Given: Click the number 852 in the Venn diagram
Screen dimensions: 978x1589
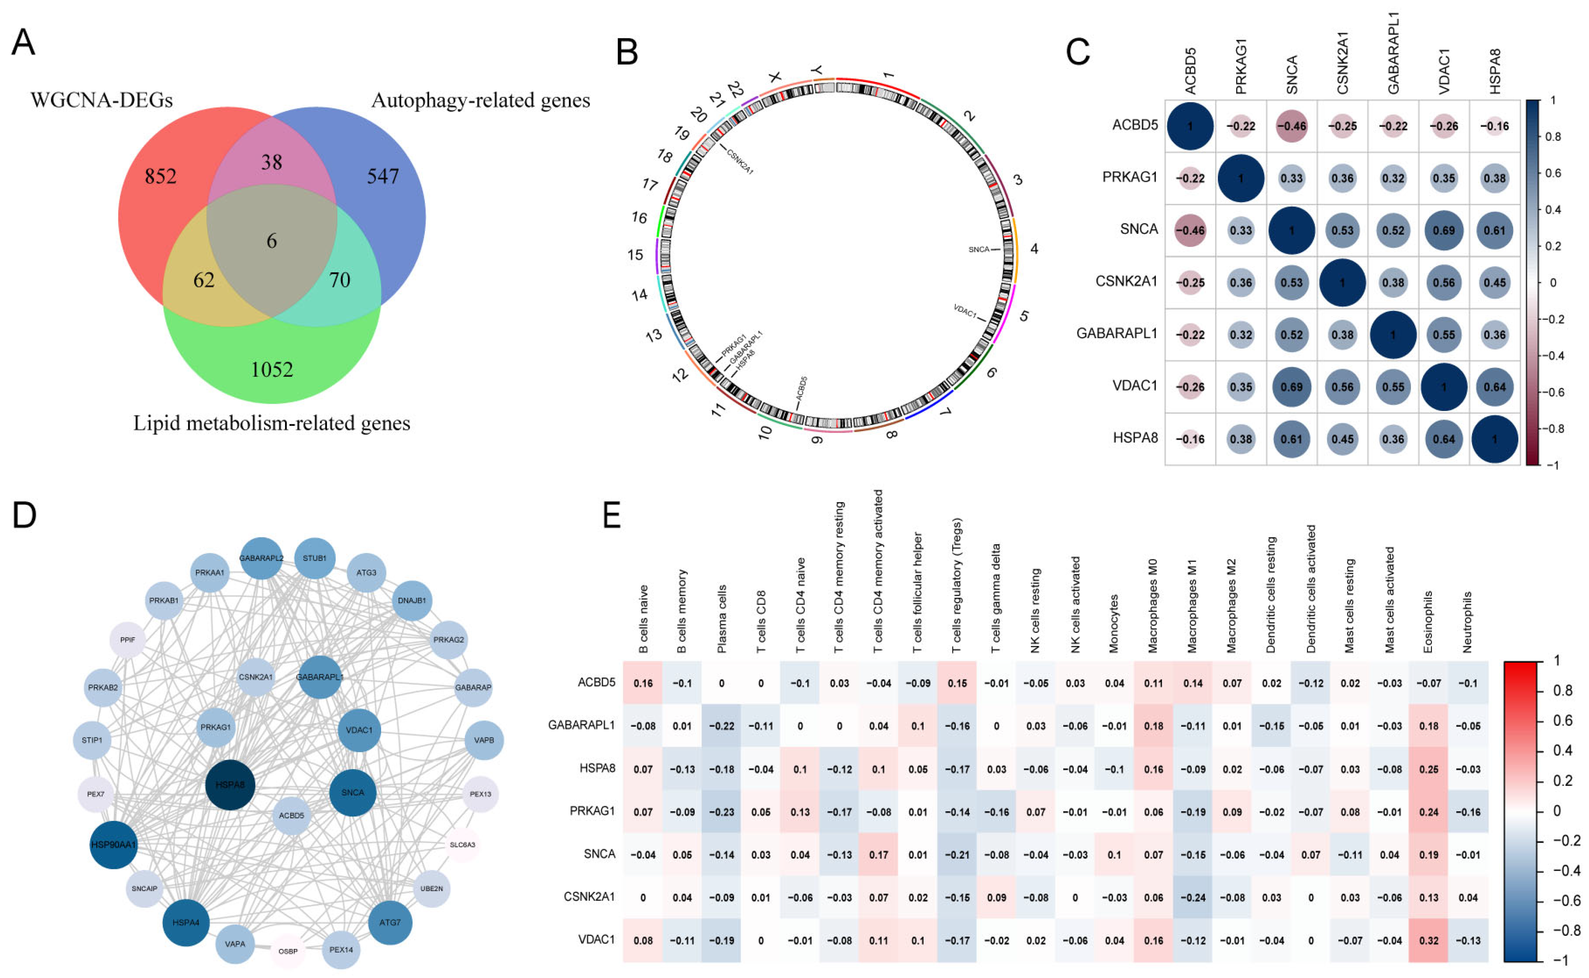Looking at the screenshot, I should [160, 176].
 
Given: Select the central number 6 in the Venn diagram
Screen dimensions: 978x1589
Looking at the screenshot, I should [271, 241].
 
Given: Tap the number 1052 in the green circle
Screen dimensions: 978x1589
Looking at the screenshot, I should [271, 369].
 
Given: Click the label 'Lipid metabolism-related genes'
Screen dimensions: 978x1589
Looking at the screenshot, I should [271, 423].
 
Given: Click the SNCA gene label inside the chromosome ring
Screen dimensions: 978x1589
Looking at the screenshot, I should [979, 250].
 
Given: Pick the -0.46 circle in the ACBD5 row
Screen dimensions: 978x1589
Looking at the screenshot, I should [1291, 126].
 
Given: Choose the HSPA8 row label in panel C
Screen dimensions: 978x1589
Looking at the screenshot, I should [1135, 438].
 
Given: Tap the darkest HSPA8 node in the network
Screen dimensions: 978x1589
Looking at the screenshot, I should [230, 785].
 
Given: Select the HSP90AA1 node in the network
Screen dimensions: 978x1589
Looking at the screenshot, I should [114, 845].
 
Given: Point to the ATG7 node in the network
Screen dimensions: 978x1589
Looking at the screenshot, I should [390, 923].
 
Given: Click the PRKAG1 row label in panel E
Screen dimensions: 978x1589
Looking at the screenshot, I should [591, 811].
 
